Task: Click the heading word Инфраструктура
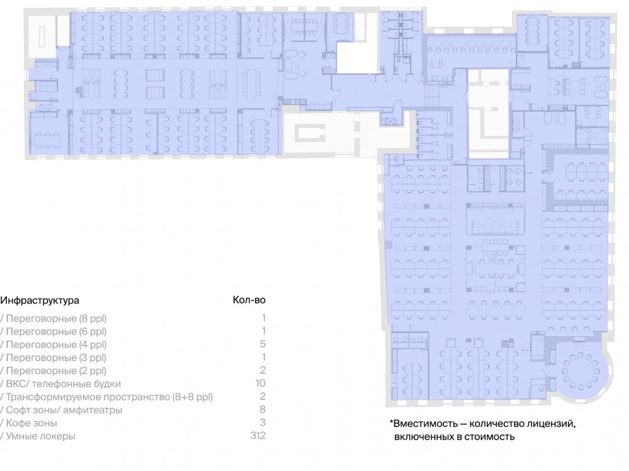coord(40,300)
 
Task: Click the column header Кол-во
coord(249,300)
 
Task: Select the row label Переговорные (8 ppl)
coord(56,318)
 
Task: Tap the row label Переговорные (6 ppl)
coord(56,332)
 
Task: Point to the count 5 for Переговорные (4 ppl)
coord(263,344)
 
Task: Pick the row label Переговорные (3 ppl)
coord(56,358)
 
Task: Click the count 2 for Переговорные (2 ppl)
coord(263,370)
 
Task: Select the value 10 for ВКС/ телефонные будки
coord(260,383)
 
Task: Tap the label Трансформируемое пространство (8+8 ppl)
coord(109,397)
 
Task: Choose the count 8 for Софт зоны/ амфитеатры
coord(263,409)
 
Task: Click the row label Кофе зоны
coord(31,423)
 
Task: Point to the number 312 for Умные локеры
coord(258,435)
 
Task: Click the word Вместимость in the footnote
coord(426,424)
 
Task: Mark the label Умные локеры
coord(40,436)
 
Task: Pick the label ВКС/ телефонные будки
coord(64,384)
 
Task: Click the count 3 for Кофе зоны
coord(263,423)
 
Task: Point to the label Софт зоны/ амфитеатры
coord(64,410)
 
